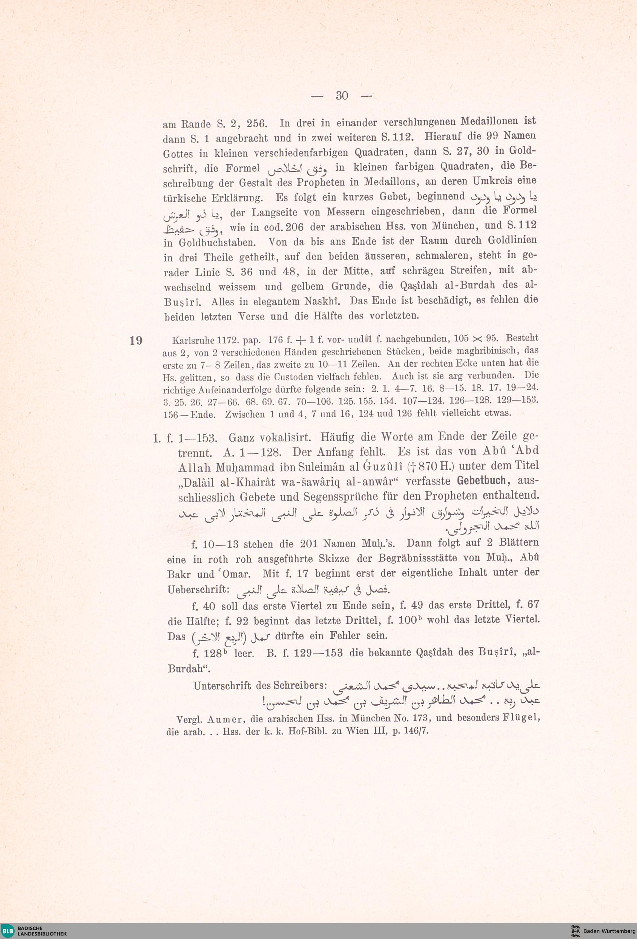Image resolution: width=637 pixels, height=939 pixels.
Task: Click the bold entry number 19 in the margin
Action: coord(136,341)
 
